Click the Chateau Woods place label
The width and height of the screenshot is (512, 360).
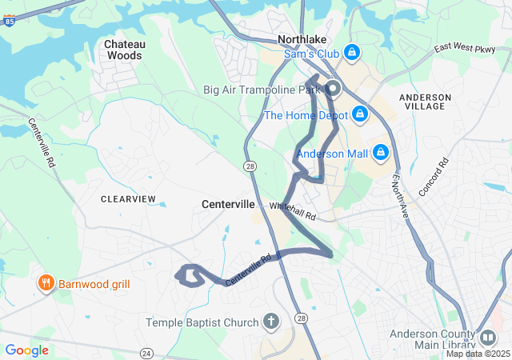click(123, 50)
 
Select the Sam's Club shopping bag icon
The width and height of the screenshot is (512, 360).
click(350, 53)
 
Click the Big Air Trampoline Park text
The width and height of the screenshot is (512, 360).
click(262, 90)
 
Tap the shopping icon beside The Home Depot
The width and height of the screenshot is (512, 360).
click(360, 114)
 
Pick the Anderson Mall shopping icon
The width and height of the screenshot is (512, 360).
click(380, 152)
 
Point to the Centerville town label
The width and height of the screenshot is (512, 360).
click(228, 205)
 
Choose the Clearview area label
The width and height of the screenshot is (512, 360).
click(128, 198)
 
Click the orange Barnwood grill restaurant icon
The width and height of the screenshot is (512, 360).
click(46, 283)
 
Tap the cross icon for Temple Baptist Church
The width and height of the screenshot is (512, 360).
click(271, 322)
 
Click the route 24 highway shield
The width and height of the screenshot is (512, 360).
click(146, 353)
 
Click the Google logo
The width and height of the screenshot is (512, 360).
click(26, 350)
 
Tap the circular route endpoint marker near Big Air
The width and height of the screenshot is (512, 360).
click(331, 89)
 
